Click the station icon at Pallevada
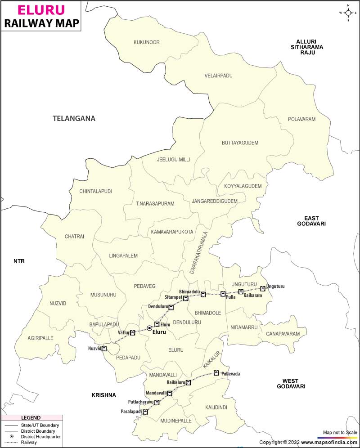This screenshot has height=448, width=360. pos(216,372)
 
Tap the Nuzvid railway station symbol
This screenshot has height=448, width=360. pos(104,348)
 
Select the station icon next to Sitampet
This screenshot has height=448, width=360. pos(186,298)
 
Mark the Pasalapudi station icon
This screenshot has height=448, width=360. pos(145,412)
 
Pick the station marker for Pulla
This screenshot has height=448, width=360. pos(223,294)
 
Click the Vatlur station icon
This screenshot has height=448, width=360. pos(133,333)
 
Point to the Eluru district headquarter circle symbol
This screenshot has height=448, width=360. pos(149,328)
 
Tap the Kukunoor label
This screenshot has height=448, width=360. pos(147,42)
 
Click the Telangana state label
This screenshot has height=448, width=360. pos(74,119)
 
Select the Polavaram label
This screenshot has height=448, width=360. pos(302,119)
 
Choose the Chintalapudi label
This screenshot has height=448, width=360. pos(95,191)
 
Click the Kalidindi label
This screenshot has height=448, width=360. pos(216,407)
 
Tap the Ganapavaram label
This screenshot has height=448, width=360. pos(283,334)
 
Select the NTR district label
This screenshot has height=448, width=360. pos(19,261)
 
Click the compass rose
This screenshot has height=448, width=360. pos(348,13)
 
